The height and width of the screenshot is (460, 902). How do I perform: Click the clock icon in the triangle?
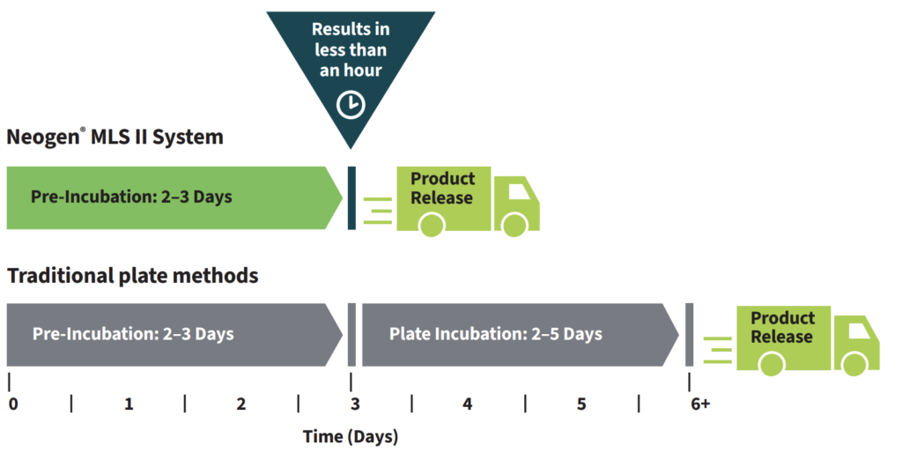coord(351,105)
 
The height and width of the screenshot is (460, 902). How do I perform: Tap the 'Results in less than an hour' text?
coord(351,49)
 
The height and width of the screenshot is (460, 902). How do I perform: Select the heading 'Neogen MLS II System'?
coord(115,137)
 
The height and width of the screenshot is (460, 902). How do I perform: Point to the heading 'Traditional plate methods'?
coord(133,276)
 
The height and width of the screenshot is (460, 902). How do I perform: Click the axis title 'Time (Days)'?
coord(350,436)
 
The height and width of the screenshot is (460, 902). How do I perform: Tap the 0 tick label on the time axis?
coord(13,404)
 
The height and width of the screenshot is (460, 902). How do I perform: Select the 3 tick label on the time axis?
coord(354,404)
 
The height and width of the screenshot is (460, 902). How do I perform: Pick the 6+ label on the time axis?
coord(701,404)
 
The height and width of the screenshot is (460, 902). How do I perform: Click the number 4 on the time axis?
coord(467,404)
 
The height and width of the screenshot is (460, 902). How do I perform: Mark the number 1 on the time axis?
coord(129,404)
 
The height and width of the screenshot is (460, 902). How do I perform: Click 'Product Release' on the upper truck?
coord(442,189)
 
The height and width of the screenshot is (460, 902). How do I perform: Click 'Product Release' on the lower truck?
coord(782,327)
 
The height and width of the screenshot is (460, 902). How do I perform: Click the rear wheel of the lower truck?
coord(773,364)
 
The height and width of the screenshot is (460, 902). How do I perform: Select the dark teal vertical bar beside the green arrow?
coord(352,197)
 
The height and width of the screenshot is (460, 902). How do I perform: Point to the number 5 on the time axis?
coord(581,404)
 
